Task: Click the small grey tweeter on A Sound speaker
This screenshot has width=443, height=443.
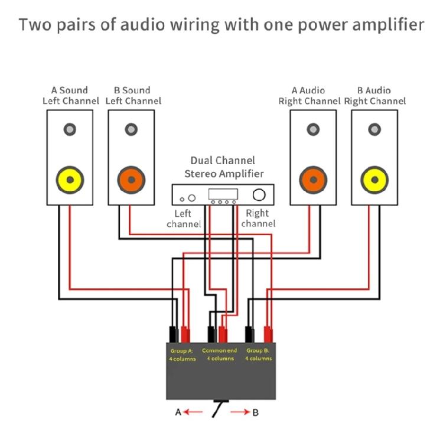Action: tap(69, 129)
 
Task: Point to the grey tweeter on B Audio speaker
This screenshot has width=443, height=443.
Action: tap(374, 129)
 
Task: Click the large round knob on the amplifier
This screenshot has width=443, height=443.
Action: tap(258, 194)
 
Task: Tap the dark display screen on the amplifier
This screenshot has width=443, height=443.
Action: tap(224, 194)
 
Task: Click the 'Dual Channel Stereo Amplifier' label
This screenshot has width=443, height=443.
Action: tap(223, 167)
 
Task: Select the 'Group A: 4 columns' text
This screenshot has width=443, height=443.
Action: tap(183, 355)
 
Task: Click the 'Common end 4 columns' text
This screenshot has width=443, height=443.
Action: tap(219, 354)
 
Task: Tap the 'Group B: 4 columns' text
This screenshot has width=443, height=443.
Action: tap(258, 355)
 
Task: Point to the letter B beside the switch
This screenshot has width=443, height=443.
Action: tap(255, 412)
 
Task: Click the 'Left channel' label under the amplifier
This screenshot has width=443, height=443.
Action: tap(184, 219)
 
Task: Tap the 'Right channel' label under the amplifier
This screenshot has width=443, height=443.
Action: tap(258, 219)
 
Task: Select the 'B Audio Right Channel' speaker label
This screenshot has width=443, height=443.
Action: tap(374, 96)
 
